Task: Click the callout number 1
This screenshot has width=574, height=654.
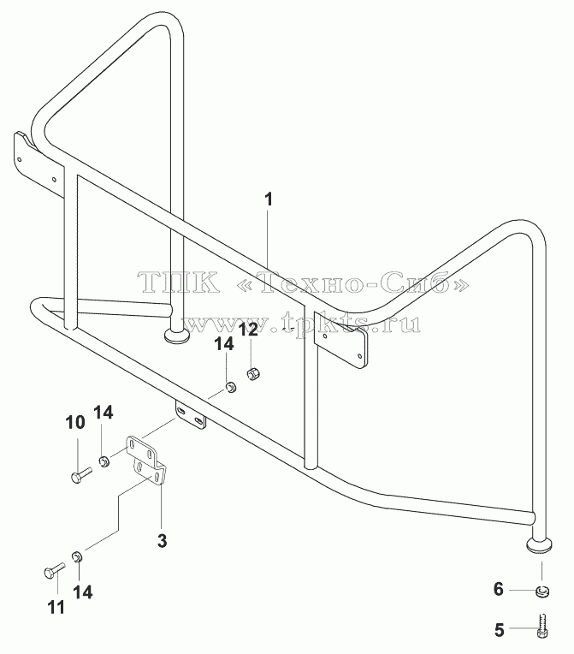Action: [x=269, y=199]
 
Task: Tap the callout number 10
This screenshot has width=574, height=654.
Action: [x=75, y=422]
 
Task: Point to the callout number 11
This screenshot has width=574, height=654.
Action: [x=56, y=607]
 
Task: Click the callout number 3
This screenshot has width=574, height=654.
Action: [x=163, y=541]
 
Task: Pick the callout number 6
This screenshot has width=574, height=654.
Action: [x=499, y=589]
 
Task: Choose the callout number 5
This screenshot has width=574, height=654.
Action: [x=499, y=629]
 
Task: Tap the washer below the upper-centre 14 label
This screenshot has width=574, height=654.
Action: [x=230, y=387]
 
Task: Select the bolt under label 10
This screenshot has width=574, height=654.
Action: [x=81, y=475]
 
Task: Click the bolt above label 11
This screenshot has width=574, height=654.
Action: [x=54, y=571]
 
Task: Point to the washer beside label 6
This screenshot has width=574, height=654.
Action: [x=541, y=592]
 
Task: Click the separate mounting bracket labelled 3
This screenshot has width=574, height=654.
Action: [x=146, y=461]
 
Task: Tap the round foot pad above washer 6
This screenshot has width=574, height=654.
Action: [x=541, y=545]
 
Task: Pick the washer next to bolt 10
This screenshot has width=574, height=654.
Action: [x=104, y=461]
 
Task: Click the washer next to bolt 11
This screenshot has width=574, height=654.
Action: [x=78, y=556]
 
